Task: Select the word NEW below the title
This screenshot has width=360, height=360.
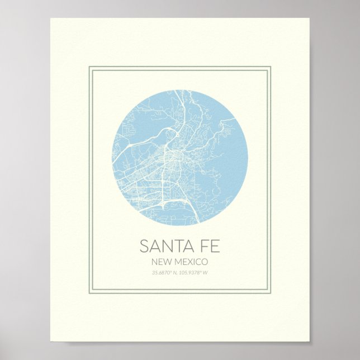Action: pos(161,262)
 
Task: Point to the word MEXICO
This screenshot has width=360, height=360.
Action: pos(190,262)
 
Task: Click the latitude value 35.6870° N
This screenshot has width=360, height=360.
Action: pos(165,273)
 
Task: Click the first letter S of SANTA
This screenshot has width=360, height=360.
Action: pos(144,246)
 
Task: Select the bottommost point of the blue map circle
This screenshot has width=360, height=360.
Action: pos(180,225)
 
